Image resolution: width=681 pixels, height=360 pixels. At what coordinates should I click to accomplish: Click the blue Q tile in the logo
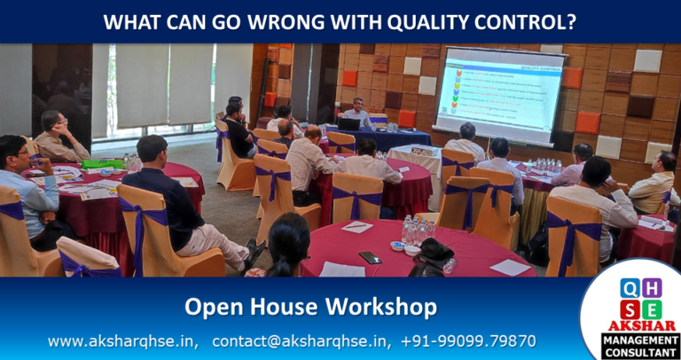629,287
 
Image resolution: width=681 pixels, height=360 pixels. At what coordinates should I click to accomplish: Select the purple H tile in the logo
652,287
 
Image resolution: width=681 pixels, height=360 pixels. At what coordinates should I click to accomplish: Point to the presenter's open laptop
348,124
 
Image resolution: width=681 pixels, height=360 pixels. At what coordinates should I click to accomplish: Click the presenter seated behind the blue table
357,113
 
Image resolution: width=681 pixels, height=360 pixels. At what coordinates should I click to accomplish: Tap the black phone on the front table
370,257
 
